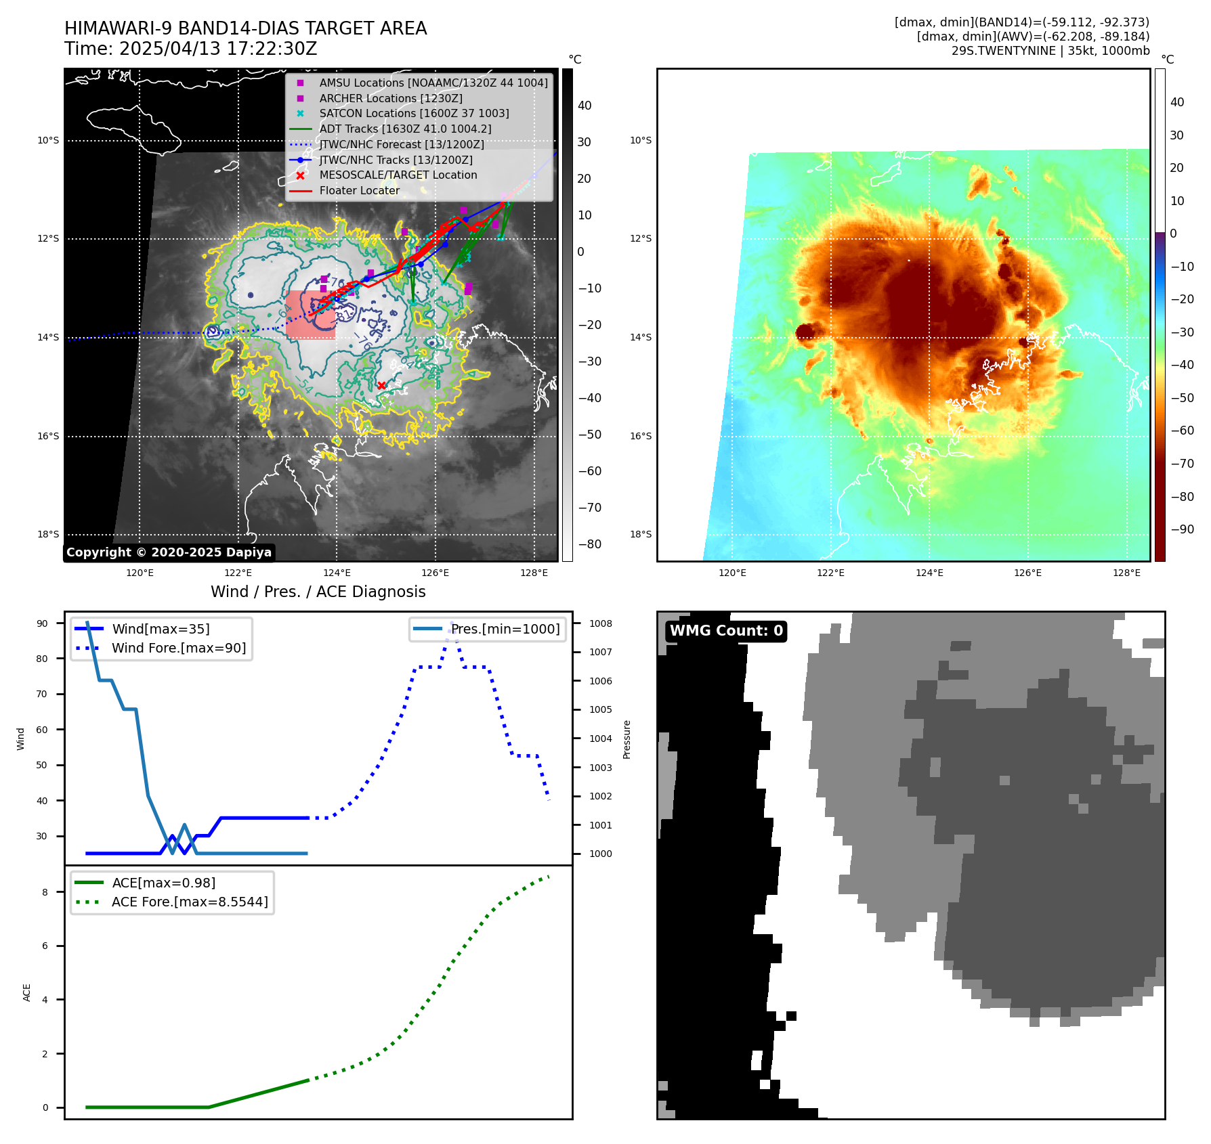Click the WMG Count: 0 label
pos(726,631)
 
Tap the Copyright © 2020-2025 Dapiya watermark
pos(169,552)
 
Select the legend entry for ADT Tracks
pos(405,129)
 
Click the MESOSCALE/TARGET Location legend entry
pos(398,175)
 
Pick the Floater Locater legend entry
pos(359,190)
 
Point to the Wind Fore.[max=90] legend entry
pos(179,648)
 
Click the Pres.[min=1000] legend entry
pos(505,629)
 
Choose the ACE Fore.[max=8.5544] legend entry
pos(190,902)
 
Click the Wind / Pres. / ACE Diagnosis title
pos(318,592)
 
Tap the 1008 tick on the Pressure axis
pos(600,623)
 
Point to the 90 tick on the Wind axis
pos(43,623)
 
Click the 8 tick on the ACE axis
pos(45,892)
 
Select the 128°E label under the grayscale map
pos(534,573)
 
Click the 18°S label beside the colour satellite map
pos(641,534)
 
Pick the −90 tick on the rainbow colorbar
pos(1182,529)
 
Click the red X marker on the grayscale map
pos(381,385)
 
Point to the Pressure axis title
pos(626,739)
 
